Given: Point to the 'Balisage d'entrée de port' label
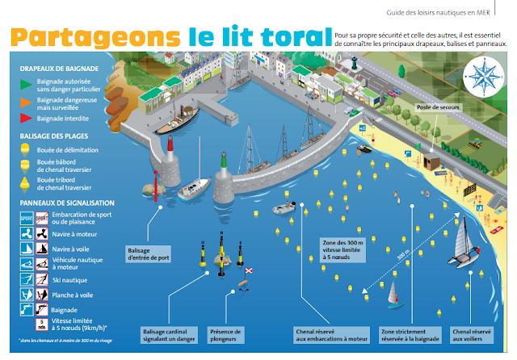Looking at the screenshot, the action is [149, 254].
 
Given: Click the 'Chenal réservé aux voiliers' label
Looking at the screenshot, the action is [473, 335].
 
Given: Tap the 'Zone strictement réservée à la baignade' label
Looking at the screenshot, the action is [410, 335].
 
